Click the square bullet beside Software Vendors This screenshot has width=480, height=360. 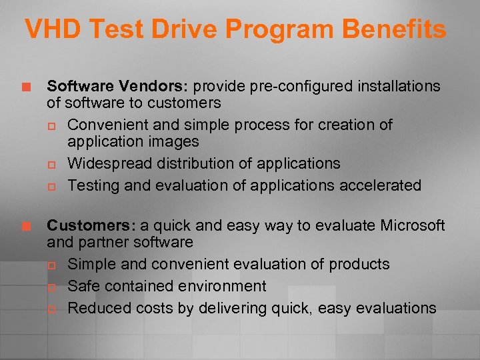[27, 87]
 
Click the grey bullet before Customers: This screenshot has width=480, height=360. [27, 227]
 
